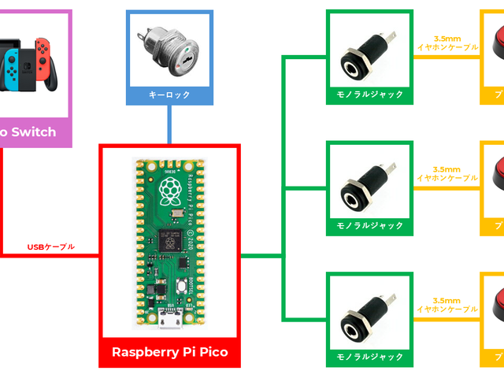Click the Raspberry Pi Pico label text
click(x=169, y=352)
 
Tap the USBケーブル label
click(x=50, y=247)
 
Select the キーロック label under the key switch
click(x=169, y=95)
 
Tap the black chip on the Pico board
click(x=169, y=239)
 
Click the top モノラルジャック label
click(x=369, y=94)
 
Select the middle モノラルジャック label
click(x=369, y=226)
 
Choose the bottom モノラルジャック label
click(x=369, y=358)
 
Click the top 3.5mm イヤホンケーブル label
click(x=447, y=43)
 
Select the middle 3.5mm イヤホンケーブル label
click(x=447, y=174)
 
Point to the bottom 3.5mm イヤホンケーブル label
click(x=447, y=306)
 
